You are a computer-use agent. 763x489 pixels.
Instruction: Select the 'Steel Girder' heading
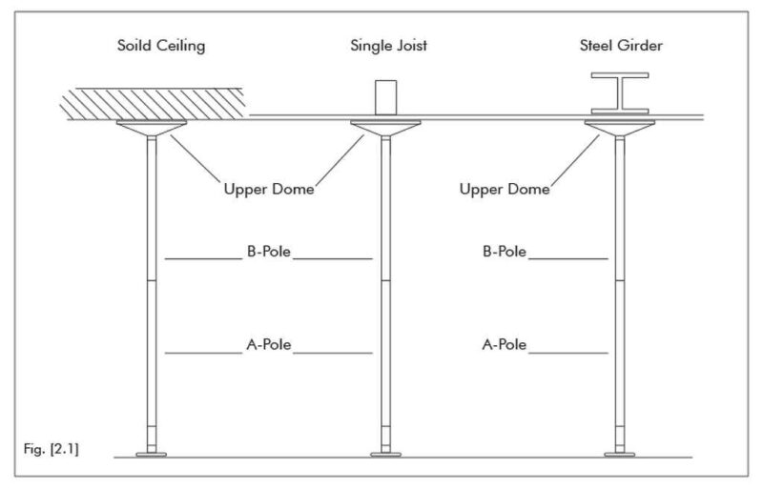tap(620, 46)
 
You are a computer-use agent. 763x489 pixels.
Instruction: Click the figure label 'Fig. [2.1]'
tap(49, 447)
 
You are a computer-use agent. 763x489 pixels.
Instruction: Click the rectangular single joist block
tap(386, 97)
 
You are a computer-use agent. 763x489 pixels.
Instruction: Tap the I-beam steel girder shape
tap(620, 95)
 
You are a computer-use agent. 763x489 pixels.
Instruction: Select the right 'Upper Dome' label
tap(505, 189)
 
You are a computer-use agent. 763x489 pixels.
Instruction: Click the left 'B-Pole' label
tap(268, 253)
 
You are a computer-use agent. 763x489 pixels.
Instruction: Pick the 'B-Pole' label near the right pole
tap(505, 253)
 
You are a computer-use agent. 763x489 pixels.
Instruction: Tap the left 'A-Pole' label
tap(268, 347)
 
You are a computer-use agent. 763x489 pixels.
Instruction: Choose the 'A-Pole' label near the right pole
tap(505, 347)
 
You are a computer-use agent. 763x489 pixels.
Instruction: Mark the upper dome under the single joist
tap(386, 127)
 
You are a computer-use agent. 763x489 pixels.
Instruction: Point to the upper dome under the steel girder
tap(620, 127)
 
